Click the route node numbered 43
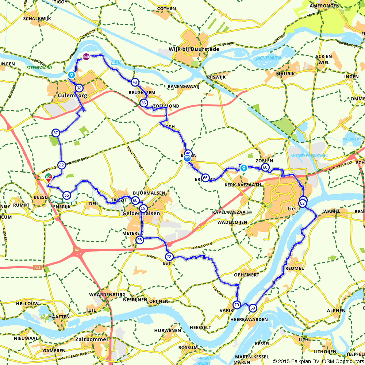tap(135, 82)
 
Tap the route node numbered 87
tap(55, 132)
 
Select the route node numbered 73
tap(169, 257)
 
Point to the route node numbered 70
tap(237, 305)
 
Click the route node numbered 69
tap(253, 308)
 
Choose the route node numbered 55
tap(66, 195)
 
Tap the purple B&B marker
tap(86, 57)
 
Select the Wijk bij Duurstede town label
tap(194, 49)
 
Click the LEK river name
tap(116, 63)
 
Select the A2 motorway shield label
tap(76, 250)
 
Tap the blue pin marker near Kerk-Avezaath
tap(243, 168)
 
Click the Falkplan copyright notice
tap(318, 361)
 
